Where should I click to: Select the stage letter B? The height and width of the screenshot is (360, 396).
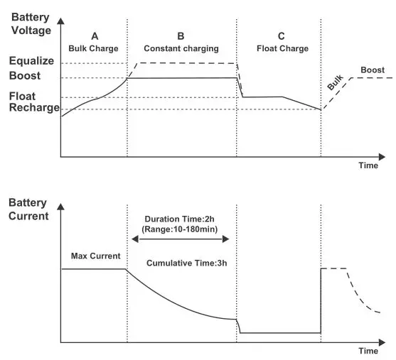[x=182, y=36]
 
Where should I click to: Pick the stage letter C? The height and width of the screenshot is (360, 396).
[x=282, y=36]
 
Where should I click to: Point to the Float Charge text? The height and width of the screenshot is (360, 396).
[x=283, y=48]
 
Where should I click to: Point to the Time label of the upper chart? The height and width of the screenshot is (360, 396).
[x=367, y=165]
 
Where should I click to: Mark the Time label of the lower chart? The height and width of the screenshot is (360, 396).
[x=367, y=351]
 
